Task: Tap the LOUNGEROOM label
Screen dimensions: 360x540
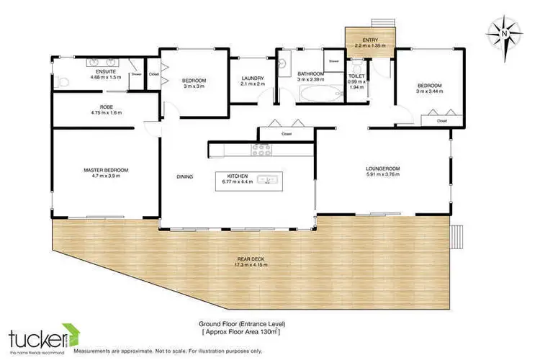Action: pos(382,168)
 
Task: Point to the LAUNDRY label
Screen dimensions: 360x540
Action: pos(252,78)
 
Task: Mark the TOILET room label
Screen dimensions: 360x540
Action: pos(357,76)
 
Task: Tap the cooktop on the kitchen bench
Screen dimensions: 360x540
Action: pos(259,150)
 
